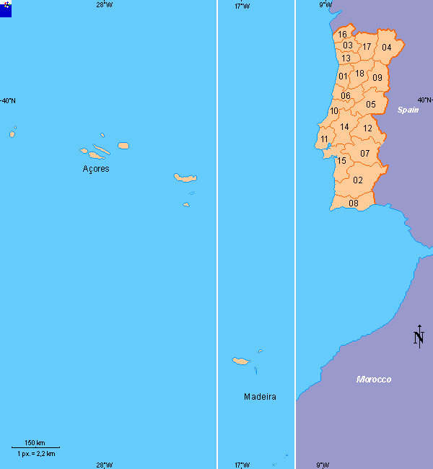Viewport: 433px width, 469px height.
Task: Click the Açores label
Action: click(x=96, y=169)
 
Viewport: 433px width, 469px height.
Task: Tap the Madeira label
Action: click(x=260, y=397)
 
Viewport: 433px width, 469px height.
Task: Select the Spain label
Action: click(x=408, y=110)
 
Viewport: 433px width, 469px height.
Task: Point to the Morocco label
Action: click(x=374, y=380)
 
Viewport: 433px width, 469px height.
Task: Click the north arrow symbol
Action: click(x=419, y=336)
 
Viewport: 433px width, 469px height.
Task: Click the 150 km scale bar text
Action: click(x=35, y=443)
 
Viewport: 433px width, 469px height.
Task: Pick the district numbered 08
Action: click(x=354, y=203)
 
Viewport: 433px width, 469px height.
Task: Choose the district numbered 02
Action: click(x=358, y=180)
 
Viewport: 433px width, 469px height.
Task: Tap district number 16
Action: click(x=342, y=35)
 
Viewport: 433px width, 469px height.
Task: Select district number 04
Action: click(x=387, y=48)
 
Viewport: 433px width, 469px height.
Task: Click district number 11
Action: click(x=324, y=139)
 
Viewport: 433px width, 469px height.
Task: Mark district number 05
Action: click(x=371, y=105)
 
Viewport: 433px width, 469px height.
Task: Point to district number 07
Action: click(x=365, y=153)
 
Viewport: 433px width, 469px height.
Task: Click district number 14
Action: click(x=344, y=127)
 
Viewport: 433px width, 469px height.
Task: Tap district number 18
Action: click(x=359, y=74)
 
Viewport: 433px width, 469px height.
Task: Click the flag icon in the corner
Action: click(x=6, y=7)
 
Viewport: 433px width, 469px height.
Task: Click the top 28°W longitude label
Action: click(x=104, y=5)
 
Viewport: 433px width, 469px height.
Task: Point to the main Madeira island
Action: click(x=241, y=361)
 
